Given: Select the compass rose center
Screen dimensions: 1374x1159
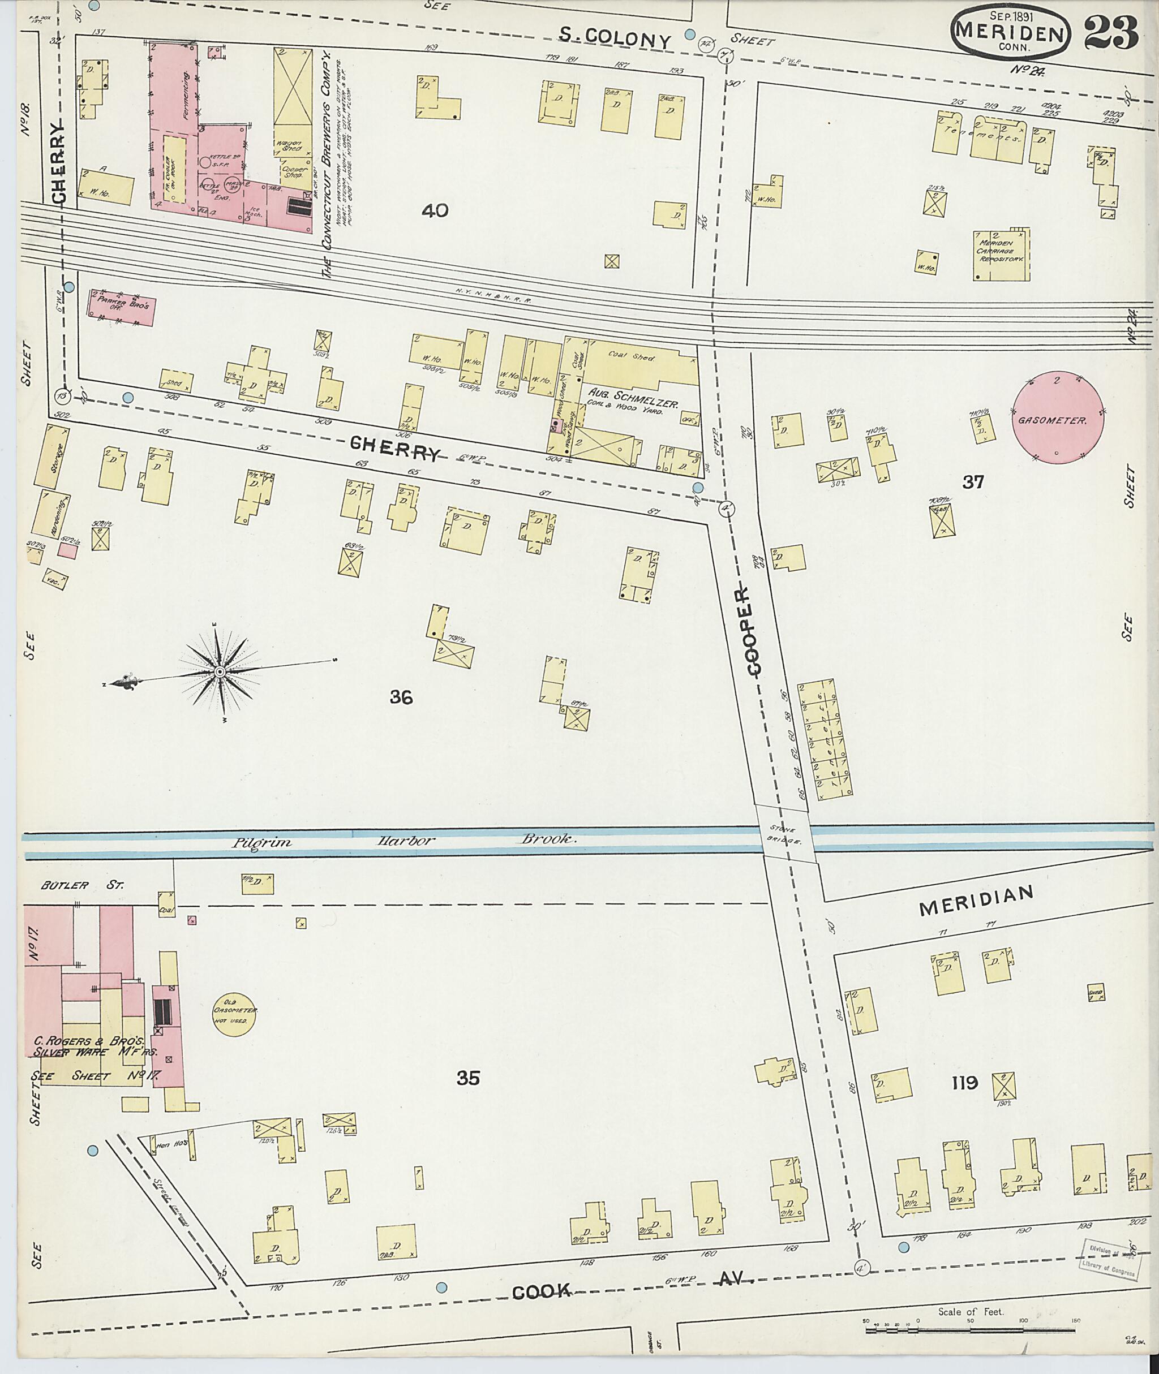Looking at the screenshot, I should (x=220, y=672).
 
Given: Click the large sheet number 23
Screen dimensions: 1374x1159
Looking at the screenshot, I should (x=1111, y=33).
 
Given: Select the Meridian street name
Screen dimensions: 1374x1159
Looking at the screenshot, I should (x=976, y=906).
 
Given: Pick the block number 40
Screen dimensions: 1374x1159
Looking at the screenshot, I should (x=435, y=211).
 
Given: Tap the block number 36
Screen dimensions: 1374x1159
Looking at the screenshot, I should (x=401, y=697).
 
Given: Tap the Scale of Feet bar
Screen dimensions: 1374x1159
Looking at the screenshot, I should (x=971, y=1328).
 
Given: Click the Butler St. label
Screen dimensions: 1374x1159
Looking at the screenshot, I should (x=81, y=885).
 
